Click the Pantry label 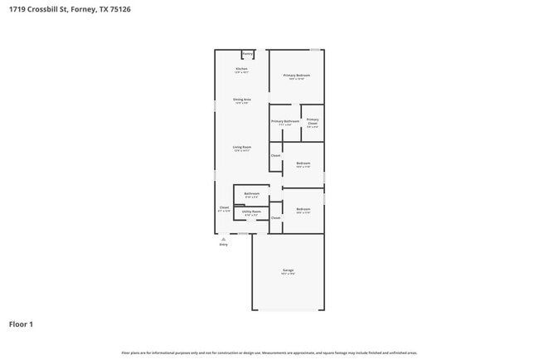click(x=247, y=54)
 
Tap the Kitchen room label click(x=241, y=69)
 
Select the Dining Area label click(x=241, y=100)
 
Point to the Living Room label click(x=241, y=147)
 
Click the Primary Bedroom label click(x=296, y=75)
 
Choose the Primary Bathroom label click(x=285, y=121)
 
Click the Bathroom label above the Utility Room click(x=252, y=194)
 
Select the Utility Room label click(x=251, y=212)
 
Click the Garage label click(x=288, y=270)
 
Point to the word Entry click(x=223, y=245)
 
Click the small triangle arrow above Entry click(x=223, y=239)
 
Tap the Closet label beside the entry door click(x=224, y=207)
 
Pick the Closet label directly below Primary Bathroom click(x=275, y=155)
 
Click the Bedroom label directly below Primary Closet click(x=303, y=163)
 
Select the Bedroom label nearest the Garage click(x=303, y=209)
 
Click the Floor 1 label click(x=21, y=324)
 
